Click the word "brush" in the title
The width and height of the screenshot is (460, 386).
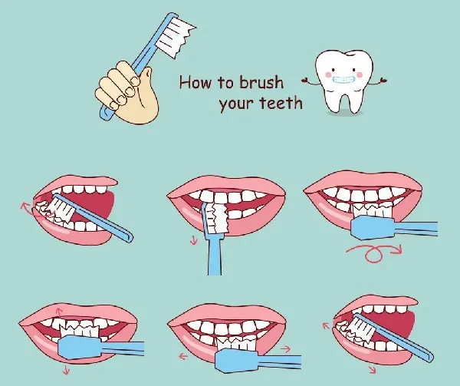tap(261, 82)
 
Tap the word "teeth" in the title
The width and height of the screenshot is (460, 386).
tap(281, 102)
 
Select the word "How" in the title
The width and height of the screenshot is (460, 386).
tap(195, 82)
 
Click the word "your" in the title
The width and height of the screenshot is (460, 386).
tap(236, 104)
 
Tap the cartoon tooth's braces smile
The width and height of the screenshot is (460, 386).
tap(344, 79)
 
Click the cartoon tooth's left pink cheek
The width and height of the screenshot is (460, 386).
tap(329, 74)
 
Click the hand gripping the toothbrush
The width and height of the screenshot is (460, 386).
tap(127, 92)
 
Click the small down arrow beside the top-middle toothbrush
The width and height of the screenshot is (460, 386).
tap(194, 240)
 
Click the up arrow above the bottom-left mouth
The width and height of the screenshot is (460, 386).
tap(59, 312)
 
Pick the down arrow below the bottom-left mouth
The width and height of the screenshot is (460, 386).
tap(66, 370)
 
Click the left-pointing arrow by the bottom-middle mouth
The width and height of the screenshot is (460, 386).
tap(183, 356)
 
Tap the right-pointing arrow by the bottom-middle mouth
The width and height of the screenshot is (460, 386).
tap(285, 348)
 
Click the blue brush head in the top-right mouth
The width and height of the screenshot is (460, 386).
tap(373, 227)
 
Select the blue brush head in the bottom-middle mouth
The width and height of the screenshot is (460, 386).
tap(238, 360)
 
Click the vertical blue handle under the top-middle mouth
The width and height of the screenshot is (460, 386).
tap(215, 256)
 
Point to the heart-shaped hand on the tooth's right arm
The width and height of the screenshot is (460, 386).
tap(383, 80)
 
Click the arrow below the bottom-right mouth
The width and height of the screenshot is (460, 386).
tap(373, 370)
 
